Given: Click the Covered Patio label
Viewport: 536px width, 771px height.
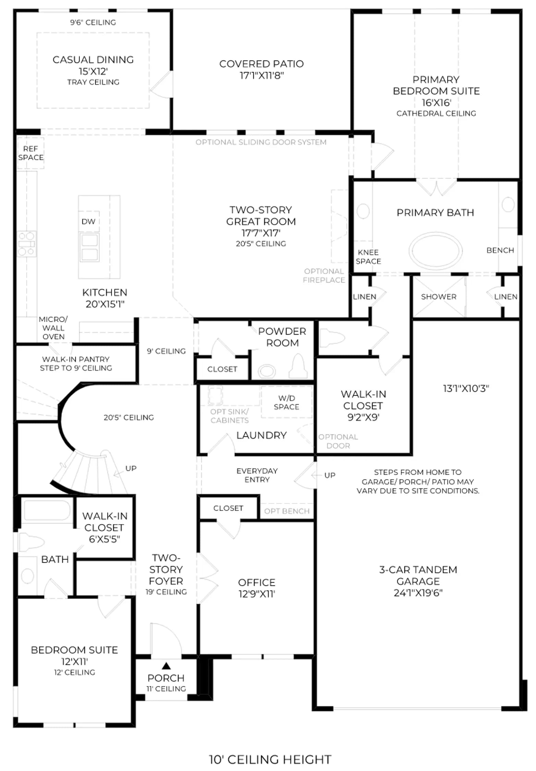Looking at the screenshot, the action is [x=261, y=64].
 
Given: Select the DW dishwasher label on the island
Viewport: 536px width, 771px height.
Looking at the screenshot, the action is [x=88, y=222].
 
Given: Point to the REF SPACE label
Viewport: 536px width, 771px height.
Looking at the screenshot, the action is [x=31, y=153].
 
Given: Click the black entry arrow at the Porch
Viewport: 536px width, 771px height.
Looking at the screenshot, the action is [x=166, y=666].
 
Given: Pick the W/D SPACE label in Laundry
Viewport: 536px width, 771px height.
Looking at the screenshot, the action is [x=287, y=402].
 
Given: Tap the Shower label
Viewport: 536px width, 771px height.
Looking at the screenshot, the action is [x=439, y=297].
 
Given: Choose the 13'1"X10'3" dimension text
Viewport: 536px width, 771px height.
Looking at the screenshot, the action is [x=466, y=388].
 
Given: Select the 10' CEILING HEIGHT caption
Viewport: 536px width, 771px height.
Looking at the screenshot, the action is [x=270, y=760].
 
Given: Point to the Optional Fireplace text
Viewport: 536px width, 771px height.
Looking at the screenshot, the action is [x=324, y=276].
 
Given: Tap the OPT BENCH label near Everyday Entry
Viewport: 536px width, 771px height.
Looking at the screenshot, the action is [x=287, y=511].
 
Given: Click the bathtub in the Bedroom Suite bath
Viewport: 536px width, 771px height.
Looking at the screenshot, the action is [x=47, y=511].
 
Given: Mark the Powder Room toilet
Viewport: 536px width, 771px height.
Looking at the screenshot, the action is [x=298, y=366].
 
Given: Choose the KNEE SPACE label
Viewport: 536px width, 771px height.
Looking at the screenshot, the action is [x=368, y=257].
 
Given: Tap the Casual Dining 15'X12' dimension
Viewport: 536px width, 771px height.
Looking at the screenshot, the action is [x=93, y=71].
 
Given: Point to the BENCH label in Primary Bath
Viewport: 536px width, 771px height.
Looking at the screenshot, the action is [x=500, y=250].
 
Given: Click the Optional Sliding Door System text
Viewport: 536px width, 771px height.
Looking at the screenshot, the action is [x=261, y=142].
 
